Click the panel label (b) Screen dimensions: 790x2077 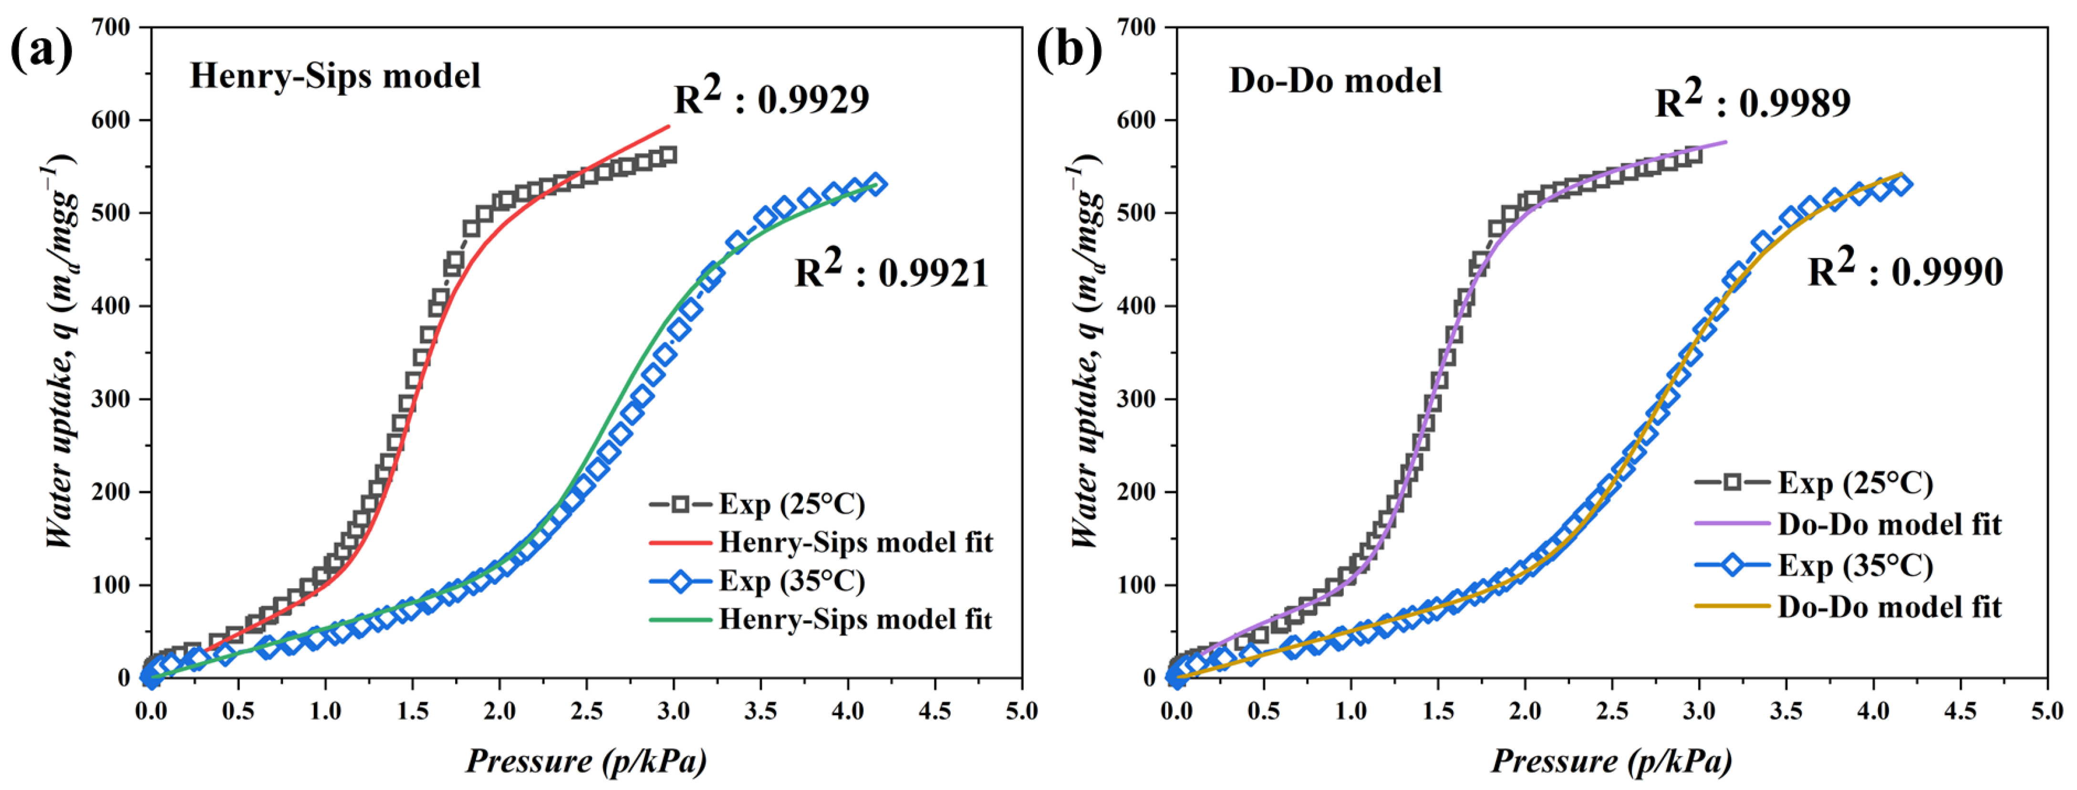pyautogui.click(x=1069, y=50)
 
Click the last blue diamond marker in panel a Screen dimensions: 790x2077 pyautogui.click(x=875, y=185)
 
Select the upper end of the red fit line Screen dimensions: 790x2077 pyautogui.click(x=668, y=126)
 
